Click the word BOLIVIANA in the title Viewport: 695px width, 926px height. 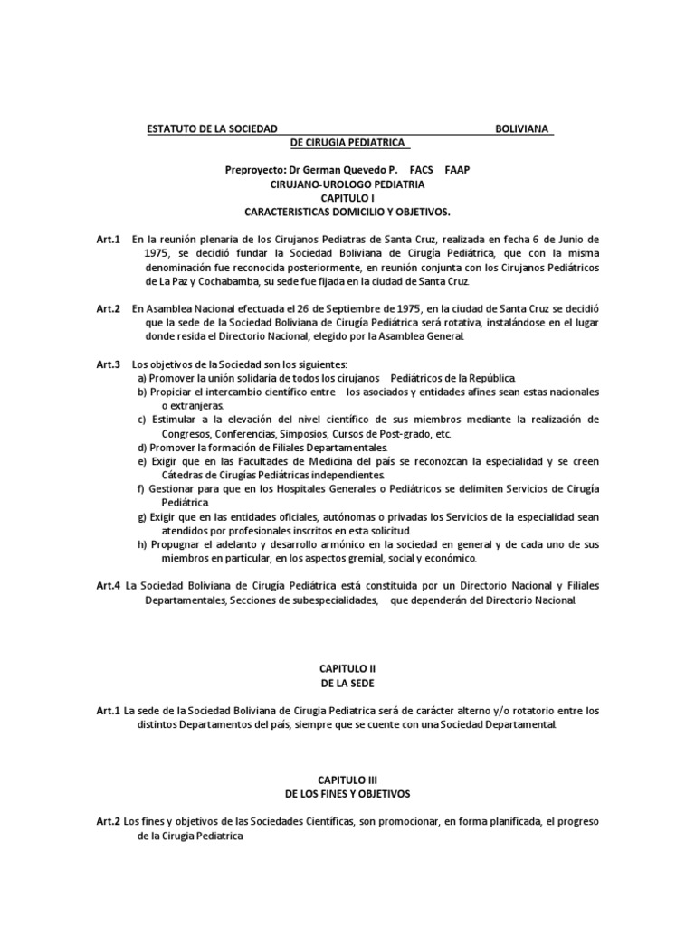(x=524, y=128)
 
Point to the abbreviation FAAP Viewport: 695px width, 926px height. (x=458, y=169)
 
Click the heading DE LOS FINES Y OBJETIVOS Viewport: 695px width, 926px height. (x=347, y=793)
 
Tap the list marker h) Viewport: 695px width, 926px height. (x=142, y=546)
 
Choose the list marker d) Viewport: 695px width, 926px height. (x=142, y=448)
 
